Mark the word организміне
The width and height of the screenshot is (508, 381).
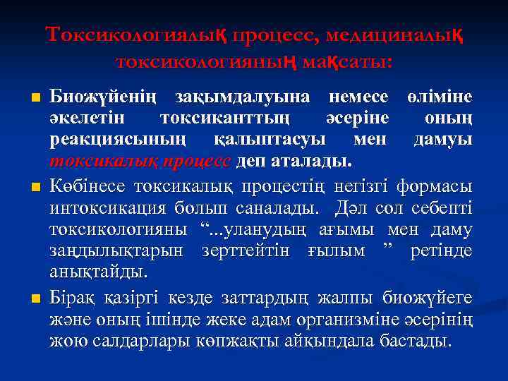pyautogui.click(x=348, y=320)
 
